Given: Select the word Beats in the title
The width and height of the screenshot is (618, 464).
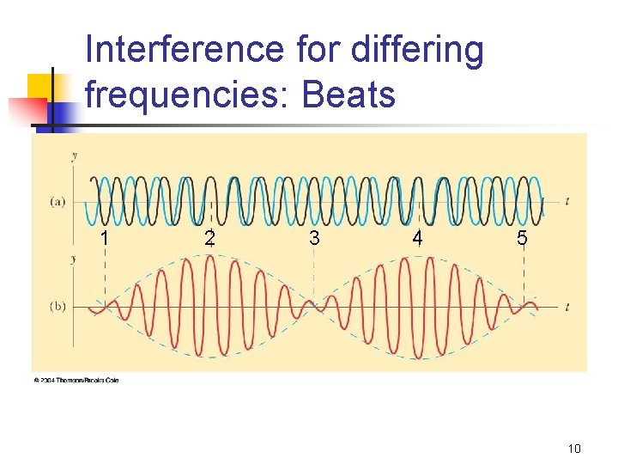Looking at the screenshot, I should [x=348, y=95].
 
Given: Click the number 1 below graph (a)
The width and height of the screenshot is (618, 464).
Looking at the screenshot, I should [x=103, y=238].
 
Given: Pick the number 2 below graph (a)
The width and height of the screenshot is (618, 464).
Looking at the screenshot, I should [x=209, y=238].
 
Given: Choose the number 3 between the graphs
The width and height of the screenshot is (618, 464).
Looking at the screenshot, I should [x=314, y=238].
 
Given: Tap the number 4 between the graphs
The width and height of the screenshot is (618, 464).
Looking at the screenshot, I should [x=417, y=238].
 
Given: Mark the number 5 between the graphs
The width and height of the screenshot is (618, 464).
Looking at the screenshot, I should [x=522, y=238].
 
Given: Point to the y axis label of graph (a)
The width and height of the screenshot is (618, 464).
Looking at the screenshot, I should [x=75, y=155].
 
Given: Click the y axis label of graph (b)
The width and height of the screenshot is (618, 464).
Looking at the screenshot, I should [x=75, y=258].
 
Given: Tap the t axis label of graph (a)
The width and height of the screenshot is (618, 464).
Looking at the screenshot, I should [x=567, y=201].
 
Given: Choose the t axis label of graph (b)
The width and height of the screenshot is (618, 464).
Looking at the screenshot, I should [x=567, y=306].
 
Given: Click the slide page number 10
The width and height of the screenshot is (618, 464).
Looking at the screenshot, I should [x=574, y=448].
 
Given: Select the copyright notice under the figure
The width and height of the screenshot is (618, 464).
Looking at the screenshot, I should [x=76, y=379].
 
